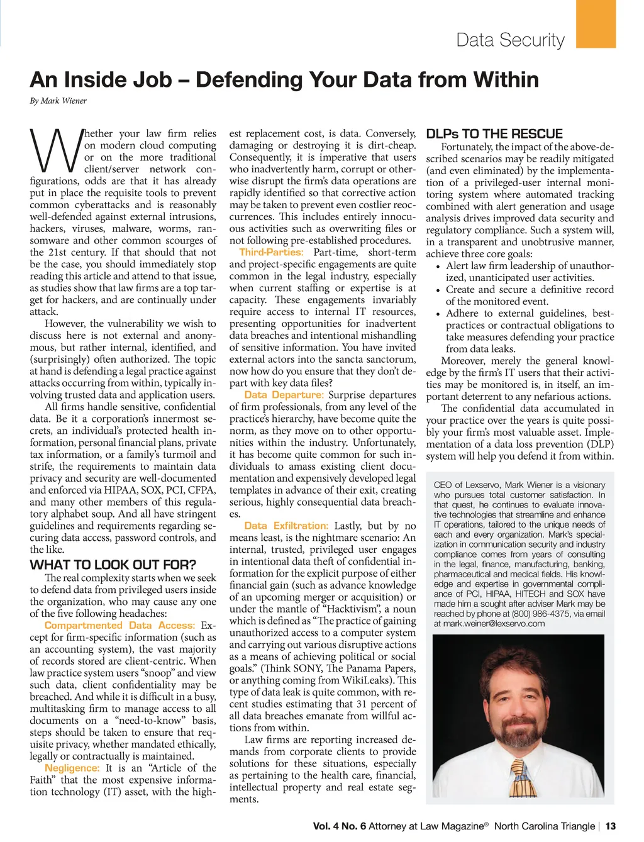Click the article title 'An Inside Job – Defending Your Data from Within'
click(x=284, y=80)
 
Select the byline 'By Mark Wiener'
click(x=58, y=101)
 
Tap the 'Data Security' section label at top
click(x=510, y=40)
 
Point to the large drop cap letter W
click(x=55, y=150)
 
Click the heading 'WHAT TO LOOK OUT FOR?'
click(x=113, y=564)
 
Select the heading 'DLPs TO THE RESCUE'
click(x=494, y=133)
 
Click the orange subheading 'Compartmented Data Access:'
click(x=119, y=625)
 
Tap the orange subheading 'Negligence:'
click(x=72, y=768)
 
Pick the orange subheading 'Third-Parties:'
click(x=271, y=252)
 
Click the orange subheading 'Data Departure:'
click(x=284, y=395)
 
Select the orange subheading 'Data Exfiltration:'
click(x=286, y=526)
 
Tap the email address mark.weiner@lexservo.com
click(x=489, y=624)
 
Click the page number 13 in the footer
click(x=610, y=826)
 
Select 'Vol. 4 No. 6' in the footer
click(x=339, y=826)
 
